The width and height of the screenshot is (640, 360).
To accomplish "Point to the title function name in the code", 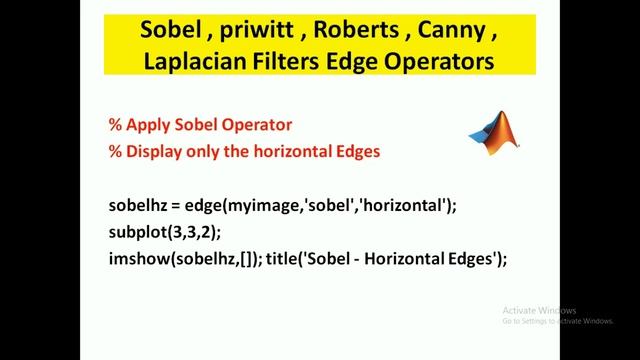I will (282, 259).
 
